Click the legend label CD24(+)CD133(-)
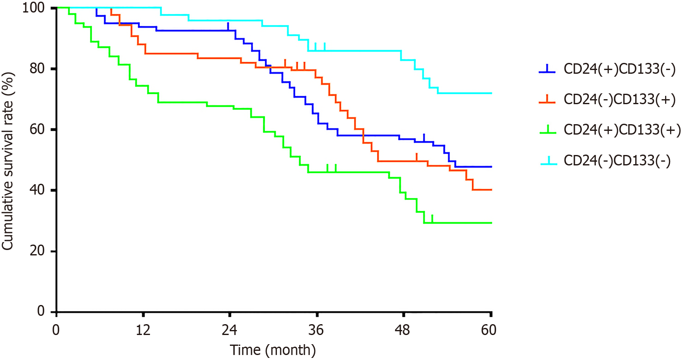pyautogui.click(x=619, y=69)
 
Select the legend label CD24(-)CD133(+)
pyautogui.click(x=619, y=100)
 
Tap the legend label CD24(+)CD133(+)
pyautogui.click(x=622, y=130)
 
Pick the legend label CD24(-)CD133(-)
pyautogui.click(x=617, y=160)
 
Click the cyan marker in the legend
pyautogui.click(x=548, y=161)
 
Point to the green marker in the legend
pyautogui.click(x=548, y=131)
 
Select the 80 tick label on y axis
pyautogui.click(x=37, y=68)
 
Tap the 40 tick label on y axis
pyautogui.click(x=37, y=190)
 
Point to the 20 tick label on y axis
pyautogui.click(x=37, y=251)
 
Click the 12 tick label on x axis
pyautogui.click(x=143, y=330)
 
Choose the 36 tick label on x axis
pyautogui.click(x=316, y=330)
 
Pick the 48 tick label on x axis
pyautogui.click(x=402, y=330)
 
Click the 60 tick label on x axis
pyautogui.click(x=489, y=330)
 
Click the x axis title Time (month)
pyautogui.click(x=273, y=350)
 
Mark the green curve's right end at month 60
pyautogui.click(x=491, y=223)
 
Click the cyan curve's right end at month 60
pyautogui.click(x=491, y=93)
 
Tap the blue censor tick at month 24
pyautogui.click(x=228, y=26)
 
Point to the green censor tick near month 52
pyautogui.click(x=432, y=219)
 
